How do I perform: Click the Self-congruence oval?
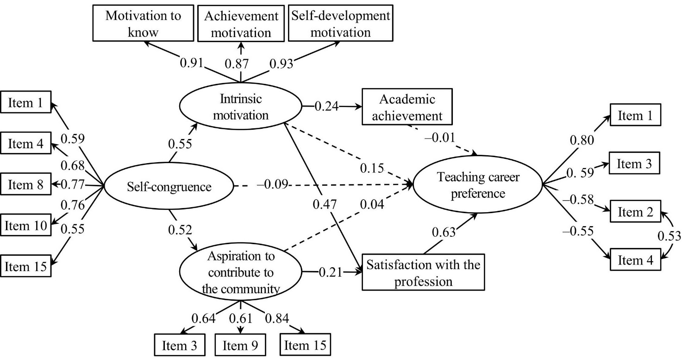[169, 187]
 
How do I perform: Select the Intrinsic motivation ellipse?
[241, 106]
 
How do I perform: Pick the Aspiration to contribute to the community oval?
[241, 272]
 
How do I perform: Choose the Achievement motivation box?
[241, 24]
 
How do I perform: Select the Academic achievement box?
[406, 107]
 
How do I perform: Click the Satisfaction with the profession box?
[423, 272]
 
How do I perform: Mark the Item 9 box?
[241, 346]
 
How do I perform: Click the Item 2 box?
[635, 213]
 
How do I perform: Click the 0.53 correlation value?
[670, 236]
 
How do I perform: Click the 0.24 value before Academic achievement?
[326, 107]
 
